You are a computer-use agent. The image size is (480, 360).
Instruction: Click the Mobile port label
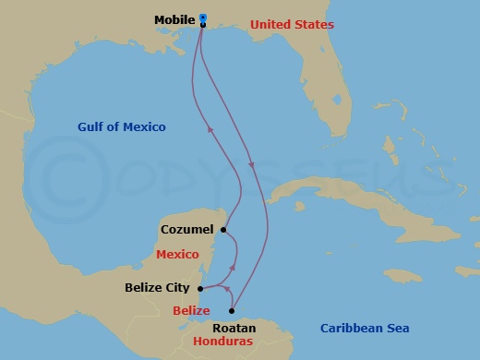tap(174, 18)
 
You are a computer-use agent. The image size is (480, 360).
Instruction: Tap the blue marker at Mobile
tap(202, 18)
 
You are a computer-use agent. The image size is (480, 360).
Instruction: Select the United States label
tap(292, 25)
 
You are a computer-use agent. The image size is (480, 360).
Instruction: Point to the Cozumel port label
tap(187, 229)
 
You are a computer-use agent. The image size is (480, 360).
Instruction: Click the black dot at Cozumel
tap(223, 230)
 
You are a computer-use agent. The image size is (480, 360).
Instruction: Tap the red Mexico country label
tap(178, 254)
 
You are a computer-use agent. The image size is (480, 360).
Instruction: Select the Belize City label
tap(158, 288)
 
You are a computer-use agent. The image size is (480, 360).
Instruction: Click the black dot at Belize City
tap(200, 288)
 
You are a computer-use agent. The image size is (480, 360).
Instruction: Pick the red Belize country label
tap(191, 310)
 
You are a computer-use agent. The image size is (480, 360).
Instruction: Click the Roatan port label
tap(234, 328)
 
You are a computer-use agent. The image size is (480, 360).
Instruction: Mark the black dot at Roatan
tap(231, 311)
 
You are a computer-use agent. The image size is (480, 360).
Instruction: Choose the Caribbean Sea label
tap(365, 328)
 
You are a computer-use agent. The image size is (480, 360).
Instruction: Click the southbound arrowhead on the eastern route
tap(252, 165)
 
